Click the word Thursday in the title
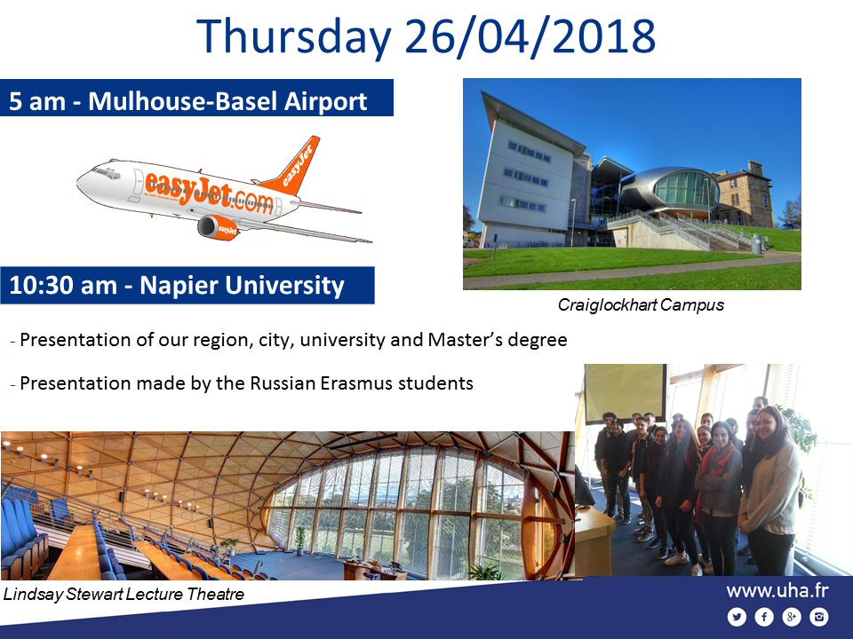coord(294,36)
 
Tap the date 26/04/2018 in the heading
coord(530,36)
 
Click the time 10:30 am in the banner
coord(63,285)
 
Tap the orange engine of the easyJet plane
coord(219,227)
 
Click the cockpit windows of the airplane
coord(106,173)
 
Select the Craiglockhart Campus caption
coord(641,304)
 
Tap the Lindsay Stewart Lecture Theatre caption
coord(124,594)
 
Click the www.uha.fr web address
coord(777,591)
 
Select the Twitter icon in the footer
coord(737,617)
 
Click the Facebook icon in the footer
coord(764,617)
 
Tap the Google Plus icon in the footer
coord(791,617)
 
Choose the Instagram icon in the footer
coord(818,617)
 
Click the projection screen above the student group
coord(625,393)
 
